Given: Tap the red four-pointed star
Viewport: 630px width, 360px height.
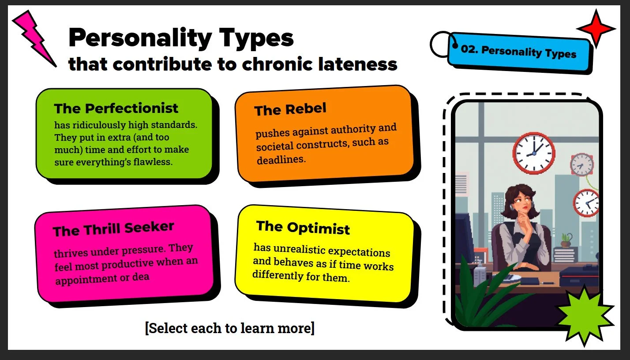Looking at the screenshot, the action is [596, 29].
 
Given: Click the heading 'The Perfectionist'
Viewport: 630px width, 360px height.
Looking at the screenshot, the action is [116, 108].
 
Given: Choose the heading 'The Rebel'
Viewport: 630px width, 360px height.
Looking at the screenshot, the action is [290, 109].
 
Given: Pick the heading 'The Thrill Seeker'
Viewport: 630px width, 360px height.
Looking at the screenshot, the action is [113, 229].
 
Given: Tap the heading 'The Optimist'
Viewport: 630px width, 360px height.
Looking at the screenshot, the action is [303, 228].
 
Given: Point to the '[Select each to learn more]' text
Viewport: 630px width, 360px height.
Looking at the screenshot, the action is [230, 328].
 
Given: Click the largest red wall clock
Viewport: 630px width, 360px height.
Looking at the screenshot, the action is [533, 153].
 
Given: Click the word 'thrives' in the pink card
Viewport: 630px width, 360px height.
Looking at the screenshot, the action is [71, 253].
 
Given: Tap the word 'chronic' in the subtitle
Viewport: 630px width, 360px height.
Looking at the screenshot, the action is [278, 64].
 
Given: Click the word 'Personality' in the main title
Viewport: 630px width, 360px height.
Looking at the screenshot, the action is [140, 38].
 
